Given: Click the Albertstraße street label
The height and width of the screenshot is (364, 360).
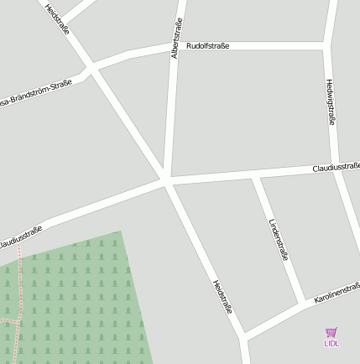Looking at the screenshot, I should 175,37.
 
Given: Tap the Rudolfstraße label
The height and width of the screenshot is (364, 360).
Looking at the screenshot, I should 208,46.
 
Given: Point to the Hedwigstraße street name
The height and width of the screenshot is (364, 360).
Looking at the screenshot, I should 330,101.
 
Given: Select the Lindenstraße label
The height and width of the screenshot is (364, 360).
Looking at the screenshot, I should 278,240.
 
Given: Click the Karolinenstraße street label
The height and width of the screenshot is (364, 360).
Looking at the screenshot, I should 337,292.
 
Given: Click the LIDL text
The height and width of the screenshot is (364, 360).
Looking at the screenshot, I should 331,343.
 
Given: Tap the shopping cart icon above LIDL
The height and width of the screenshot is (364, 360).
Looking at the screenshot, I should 331,332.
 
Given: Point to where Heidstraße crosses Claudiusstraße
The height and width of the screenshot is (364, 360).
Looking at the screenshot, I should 166,181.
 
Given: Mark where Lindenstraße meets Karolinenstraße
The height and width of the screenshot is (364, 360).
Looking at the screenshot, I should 303,303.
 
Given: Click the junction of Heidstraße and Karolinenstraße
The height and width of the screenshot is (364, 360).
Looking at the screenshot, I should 244,335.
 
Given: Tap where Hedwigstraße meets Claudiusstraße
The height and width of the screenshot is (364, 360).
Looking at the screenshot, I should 335,165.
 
